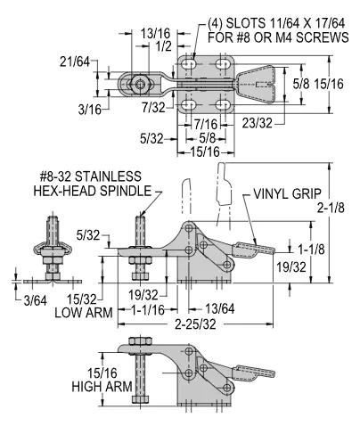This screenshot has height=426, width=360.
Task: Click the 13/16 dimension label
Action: (x=155, y=33)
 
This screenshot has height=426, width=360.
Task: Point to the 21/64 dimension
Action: (x=75, y=61)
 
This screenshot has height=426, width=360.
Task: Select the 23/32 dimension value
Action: (x=257, y=123)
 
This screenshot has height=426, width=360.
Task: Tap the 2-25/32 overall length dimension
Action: (x=195, y=324)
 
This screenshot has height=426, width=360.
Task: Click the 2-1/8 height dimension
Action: (x=331, y=208)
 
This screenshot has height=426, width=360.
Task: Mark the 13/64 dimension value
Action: (x=220, y=309)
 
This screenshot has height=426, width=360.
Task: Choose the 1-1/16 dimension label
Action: (x=148, y=310)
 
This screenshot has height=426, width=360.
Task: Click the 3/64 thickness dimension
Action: (x=36, y=301)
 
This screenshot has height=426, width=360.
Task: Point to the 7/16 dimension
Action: (x=206, y=124)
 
